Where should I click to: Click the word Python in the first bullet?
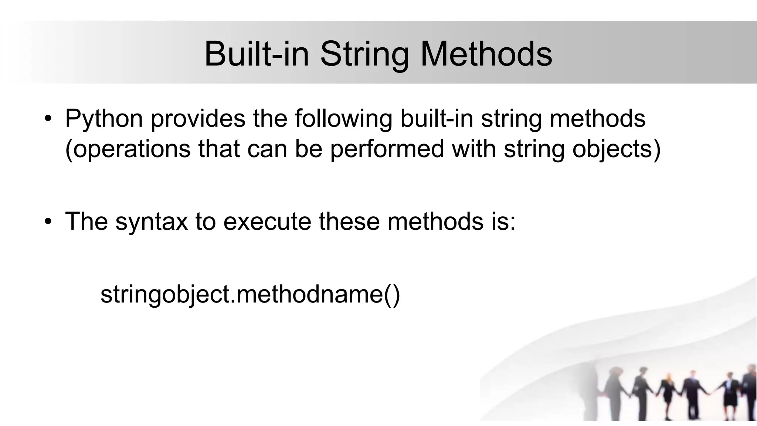104,119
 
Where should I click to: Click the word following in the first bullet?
343,119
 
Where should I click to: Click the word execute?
267,221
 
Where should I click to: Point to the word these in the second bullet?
349,221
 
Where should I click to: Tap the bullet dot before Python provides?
48,119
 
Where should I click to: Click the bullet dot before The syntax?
48,222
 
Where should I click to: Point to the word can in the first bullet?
267,149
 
